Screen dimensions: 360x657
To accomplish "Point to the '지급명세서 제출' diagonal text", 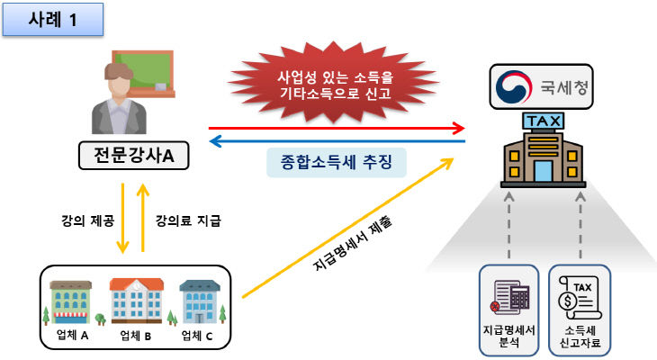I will tap(349, 242).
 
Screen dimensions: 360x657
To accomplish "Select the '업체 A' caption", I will tap(71, 336).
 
